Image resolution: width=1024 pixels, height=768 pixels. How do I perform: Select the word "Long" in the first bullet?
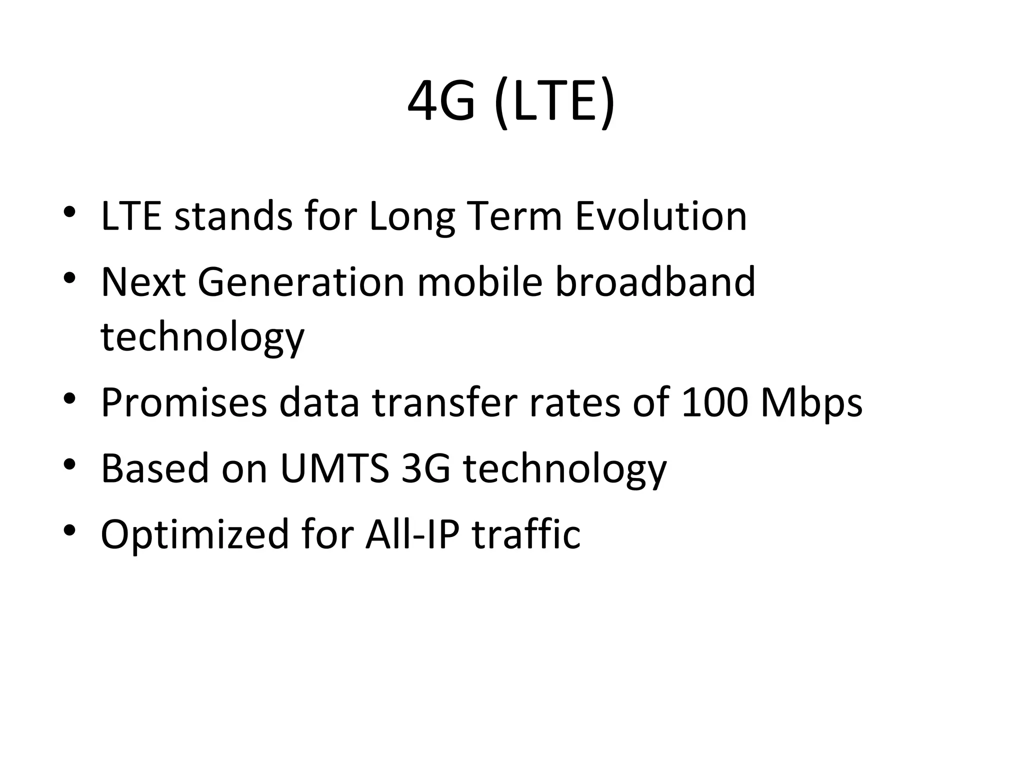click(x=412, y=218)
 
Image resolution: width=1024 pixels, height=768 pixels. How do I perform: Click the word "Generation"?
click(x=301, y=282)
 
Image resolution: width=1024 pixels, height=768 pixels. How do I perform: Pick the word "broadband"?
click(x=655, y=282)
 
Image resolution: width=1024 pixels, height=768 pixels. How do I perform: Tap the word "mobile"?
click(x=479, y=282)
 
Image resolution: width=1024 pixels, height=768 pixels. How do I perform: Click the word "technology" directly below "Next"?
click(x=202, y=338)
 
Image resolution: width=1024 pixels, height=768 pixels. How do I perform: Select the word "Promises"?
click(x=184, y=403)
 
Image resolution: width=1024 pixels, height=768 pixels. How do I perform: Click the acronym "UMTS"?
click(x=334, y=469)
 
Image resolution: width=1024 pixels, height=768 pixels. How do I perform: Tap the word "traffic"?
click(x=526, y=534)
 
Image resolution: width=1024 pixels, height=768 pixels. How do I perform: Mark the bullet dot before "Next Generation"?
click(x=69, y=277)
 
